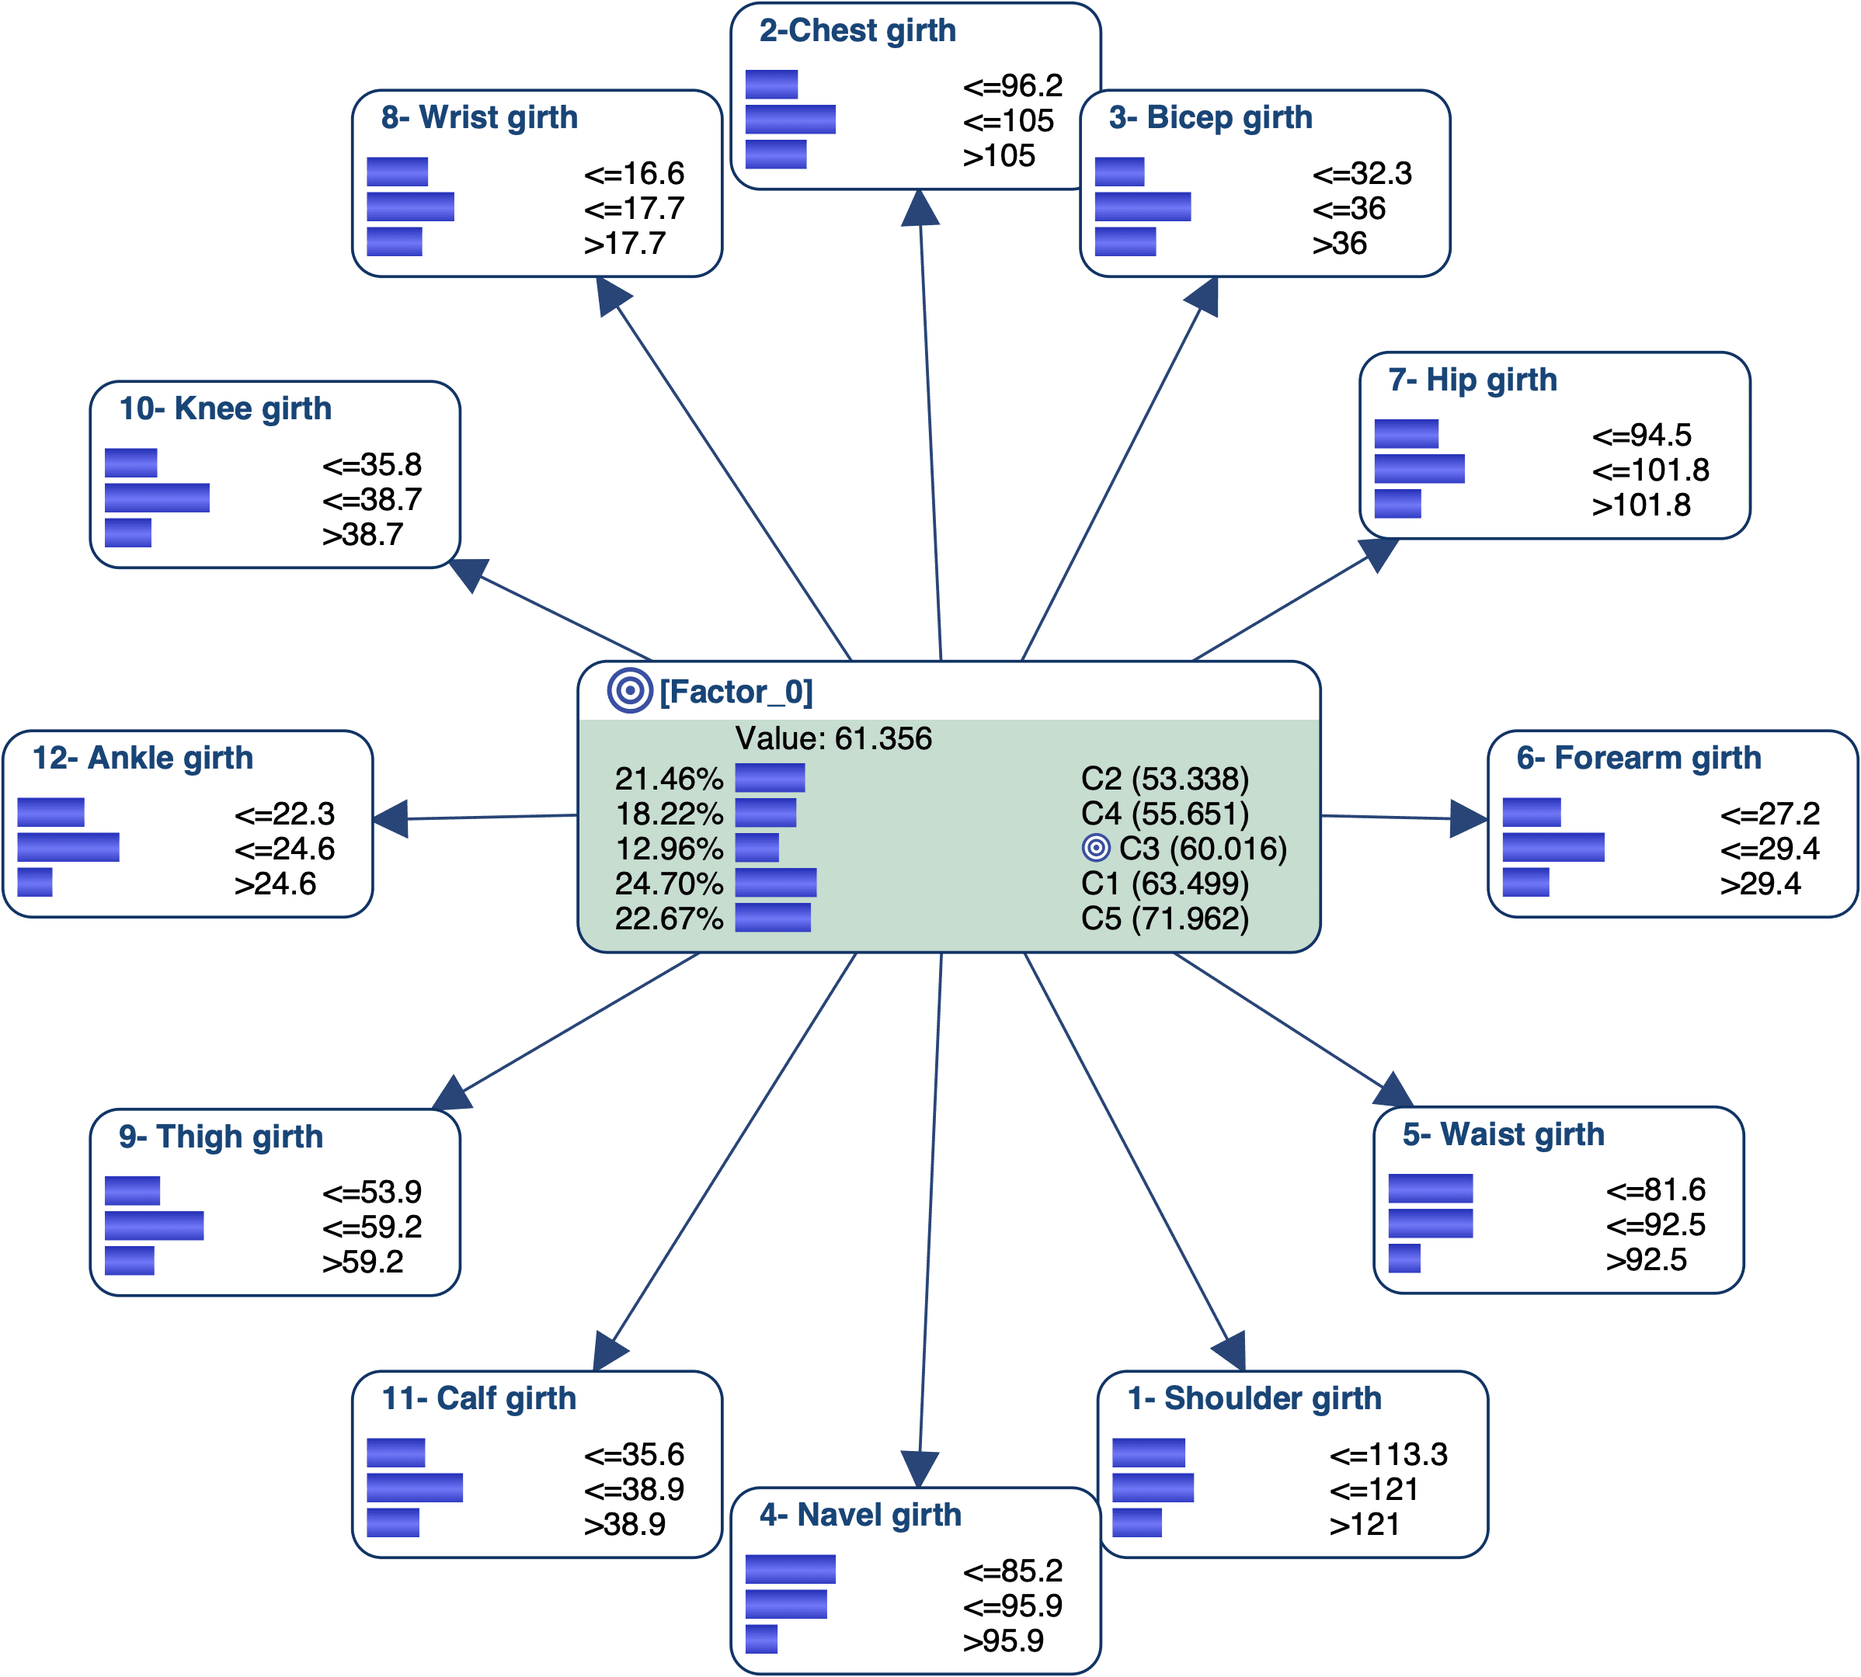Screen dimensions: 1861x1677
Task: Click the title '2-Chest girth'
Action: pos(857,31)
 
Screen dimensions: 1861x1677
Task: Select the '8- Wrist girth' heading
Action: pos(479,118)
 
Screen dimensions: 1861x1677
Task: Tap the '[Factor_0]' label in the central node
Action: pos(736,692)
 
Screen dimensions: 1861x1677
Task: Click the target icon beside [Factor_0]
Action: pos(631,691)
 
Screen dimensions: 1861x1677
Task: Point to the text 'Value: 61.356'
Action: pos(833,739)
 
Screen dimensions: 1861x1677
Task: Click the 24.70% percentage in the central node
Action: pos(670,884)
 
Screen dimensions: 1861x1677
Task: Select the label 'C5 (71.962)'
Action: pos(1165,918)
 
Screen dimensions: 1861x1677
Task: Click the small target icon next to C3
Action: pos(1096,848)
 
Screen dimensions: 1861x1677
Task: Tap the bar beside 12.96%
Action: pos(757,848)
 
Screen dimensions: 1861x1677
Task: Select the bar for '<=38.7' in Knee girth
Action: pos(158,498)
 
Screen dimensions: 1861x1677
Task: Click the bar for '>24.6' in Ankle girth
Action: pos(35,883)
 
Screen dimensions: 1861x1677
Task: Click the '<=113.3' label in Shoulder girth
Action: pos(1389,1455)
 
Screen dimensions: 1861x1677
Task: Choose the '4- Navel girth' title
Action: pos(860,1515)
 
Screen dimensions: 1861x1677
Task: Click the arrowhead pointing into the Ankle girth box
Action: pos(390,818)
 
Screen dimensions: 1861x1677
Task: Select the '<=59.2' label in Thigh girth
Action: pos(372,1227)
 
